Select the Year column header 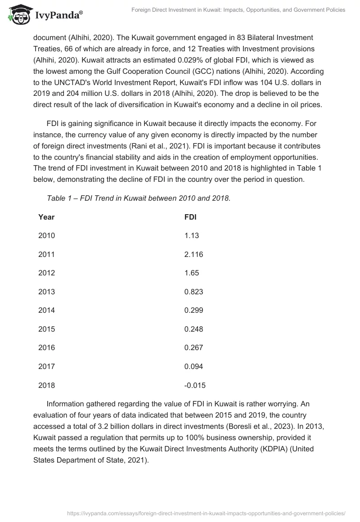pos(46,217)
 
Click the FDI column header pos(190,217)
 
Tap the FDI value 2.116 pos(193,254)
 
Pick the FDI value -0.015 pos(195,385)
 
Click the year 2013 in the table pos(46,292)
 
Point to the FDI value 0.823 pos(193,292)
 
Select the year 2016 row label pos(46,347)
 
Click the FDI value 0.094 pos(193,367)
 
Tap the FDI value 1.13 pos(191,235)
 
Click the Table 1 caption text pos(139,198)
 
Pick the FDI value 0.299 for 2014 pos(193,310)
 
